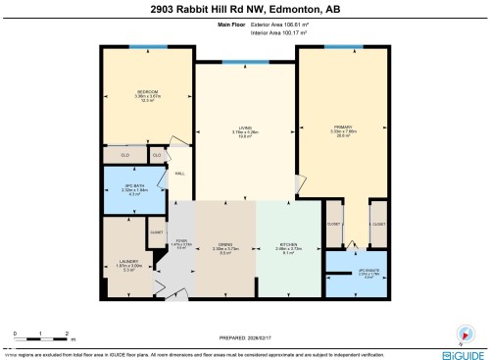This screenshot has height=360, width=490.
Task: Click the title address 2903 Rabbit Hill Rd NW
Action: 245,10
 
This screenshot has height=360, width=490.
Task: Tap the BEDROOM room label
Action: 147,94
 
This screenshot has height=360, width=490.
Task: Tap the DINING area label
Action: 225,245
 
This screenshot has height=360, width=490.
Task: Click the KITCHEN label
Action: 286,245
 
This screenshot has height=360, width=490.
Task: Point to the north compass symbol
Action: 465,332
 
